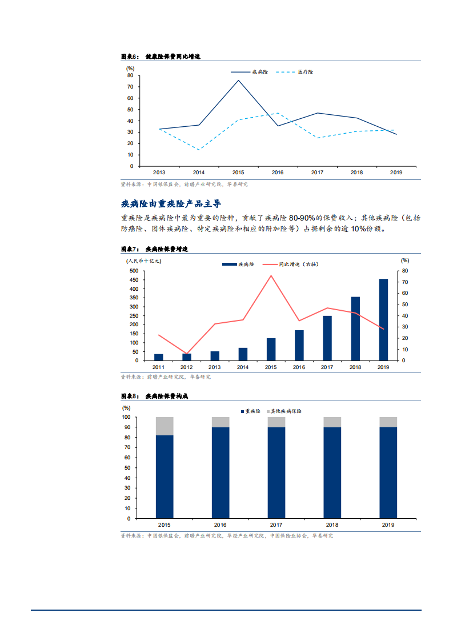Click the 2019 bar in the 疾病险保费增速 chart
pyautogui.click(x=383, y=319)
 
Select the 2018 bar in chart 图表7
pyautogui.click(x=355, y=328)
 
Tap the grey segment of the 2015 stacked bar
pyautogui.click(x=165, y=426)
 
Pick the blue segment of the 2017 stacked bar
pyautogui.click(x=276, y=472)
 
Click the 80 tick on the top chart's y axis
pyautogui.click(x=130, y=75)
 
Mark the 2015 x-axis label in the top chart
pyautogui.click(x=238, y=172)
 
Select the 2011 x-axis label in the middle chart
pyautogui.click(x=158, y=367)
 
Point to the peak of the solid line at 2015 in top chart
pyautogui.click(x=238, y=80)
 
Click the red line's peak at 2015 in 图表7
pyautogui.click(x=271, y=275)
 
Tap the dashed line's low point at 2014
pyautogui.click(x=199, y=150)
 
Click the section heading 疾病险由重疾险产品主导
pyautogui.click(x=171, y=203)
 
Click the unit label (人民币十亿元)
pyautogui.click(x=144, y=261)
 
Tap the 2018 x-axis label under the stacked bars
pyautogui.click(x=332, y=525)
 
